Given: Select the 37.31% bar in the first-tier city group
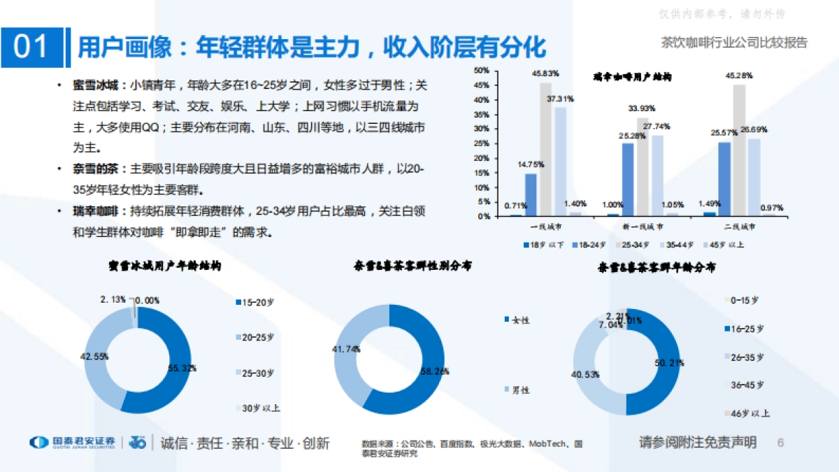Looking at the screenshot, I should pyautogui.click(x=560, y=161).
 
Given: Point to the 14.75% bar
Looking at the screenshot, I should pyautogui.click(x=531, y=194).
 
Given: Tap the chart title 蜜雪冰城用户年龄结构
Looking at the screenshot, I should pyautogui.click(x=165, y=266).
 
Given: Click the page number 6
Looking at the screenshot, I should pyautogui.click(x=781, y=443).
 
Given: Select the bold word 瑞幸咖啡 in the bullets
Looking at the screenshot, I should pyautogui.click(x=96, y=211).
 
